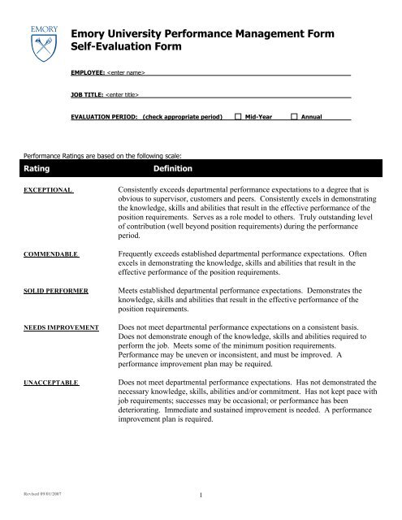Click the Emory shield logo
tap(41, 40)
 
